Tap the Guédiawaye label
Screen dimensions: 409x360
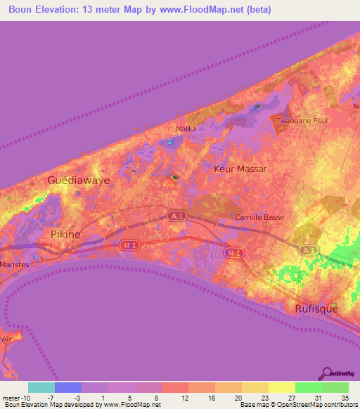77,181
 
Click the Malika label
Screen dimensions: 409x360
186,129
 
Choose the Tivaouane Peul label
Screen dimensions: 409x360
302,121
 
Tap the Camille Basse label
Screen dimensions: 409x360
259,218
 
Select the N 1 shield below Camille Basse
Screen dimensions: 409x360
234,252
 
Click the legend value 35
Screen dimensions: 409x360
345,397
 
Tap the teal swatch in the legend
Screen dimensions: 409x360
41,387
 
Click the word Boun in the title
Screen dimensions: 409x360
24,10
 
